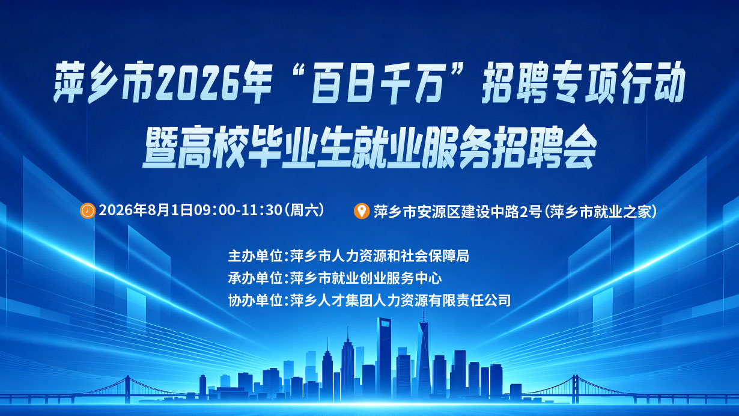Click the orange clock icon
point(88,210)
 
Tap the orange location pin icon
point(362,211)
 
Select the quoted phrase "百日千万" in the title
point(378,82)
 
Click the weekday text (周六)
point(304,210)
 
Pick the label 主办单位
point(255,256)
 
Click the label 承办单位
point(255,278)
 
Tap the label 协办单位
point(255,301)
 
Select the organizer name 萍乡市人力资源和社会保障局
point(379,256)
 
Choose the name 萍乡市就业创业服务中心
point(365,278)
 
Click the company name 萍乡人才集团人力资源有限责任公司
point(400,301)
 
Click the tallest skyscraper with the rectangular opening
point(385,356)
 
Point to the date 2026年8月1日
point(145,210)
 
